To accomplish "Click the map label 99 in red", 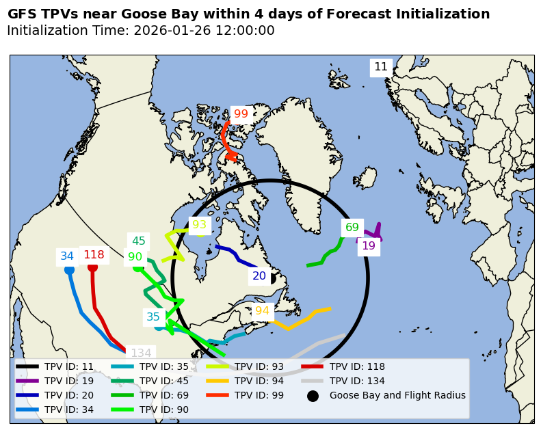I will (x=241, y=114).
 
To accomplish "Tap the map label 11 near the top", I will (x=381, y=67).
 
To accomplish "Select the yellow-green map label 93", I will (x=199, y=225).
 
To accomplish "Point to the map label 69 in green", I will (x=352, y=228).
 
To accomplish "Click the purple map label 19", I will (x=369, y=246).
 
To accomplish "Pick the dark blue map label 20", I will (x=259, y=276).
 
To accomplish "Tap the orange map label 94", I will (x=262, y=311).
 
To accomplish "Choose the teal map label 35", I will (x=153, y=317).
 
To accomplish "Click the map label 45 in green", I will (x=139, y=241).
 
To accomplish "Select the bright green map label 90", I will (x=135, y=258).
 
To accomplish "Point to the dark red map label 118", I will (x=94, y=255).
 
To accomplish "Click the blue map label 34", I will (x=67, y=256).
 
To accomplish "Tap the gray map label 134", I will (x=141, y=353).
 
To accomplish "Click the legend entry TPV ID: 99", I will (x=259, y=395).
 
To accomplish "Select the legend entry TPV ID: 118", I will (x=357, y=366).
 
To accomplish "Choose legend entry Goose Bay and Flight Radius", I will (x=397, y=395).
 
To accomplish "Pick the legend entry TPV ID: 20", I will (x=68, y=395).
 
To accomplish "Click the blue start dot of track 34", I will (x=69, y=270).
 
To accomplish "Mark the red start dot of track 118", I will (x=93, y=267).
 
